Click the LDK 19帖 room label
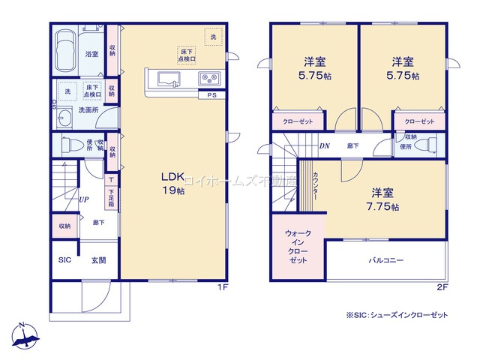(x=173, y=183)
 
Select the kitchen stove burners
(x=208, y=79)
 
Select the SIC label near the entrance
(x=64, y=260)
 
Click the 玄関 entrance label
(x=99, y=260)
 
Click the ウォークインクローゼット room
(x=298, y=247)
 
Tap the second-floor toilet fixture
(x=427, y=144)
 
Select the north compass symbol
(x=26, y=337)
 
